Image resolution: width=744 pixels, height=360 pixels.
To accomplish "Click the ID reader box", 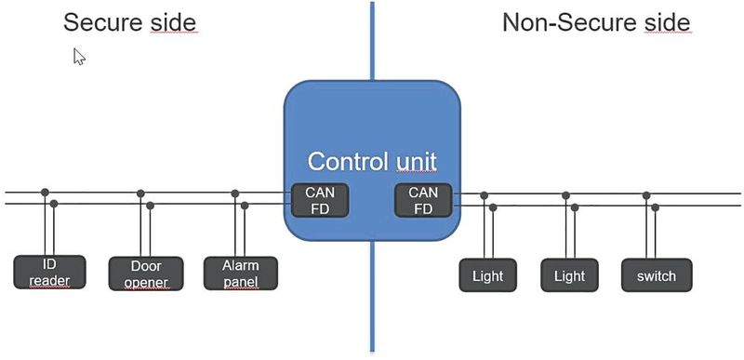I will click(x=49, y=272).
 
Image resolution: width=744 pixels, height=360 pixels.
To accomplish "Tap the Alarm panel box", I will click(x=242, y=273).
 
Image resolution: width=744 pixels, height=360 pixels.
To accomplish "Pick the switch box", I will click(x=657, y=275).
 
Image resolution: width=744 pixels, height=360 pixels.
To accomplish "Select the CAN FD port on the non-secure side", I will click(x=423, y=201).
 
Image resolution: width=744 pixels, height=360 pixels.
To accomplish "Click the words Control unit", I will click(x=371, y=161).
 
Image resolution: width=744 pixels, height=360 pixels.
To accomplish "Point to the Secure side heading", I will click(x=130, y=22).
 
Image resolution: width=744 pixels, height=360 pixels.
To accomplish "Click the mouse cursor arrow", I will click(x=79, y=57).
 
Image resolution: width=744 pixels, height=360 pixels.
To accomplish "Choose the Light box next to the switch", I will click(x=569, y=275).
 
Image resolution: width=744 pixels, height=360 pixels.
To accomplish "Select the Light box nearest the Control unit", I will click(x=487, y=275).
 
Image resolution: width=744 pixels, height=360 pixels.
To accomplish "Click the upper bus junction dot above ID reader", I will click(x=45, y=193).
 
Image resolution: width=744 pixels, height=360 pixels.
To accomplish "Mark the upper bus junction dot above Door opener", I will click(x=140, y=193).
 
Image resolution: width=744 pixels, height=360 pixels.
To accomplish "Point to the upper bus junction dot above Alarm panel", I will click(x=235, y=193).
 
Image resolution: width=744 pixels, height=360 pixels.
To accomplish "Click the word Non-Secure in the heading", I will click(x=571, y=22).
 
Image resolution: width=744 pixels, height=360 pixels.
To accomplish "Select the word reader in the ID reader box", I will click(x=49, y=280).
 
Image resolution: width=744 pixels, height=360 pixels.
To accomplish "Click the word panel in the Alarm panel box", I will click(x=242, y=281).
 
